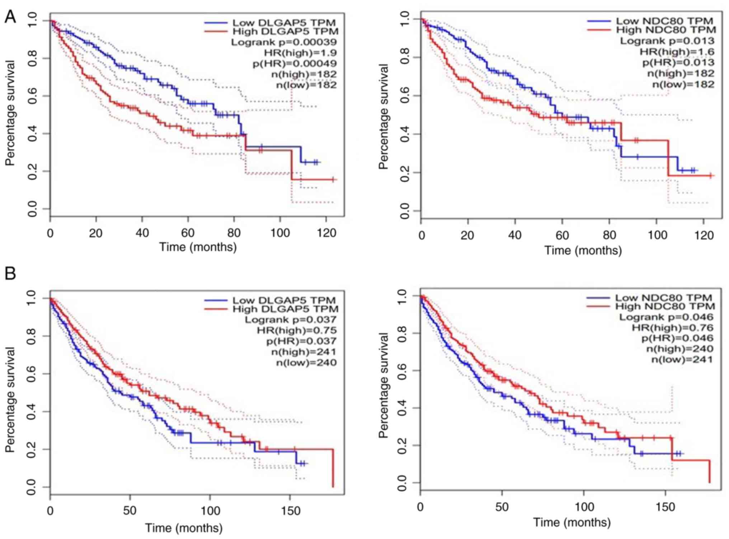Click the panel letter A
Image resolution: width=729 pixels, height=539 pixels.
click(x=10, y=17)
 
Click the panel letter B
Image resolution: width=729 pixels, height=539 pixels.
click(x=10, y=274)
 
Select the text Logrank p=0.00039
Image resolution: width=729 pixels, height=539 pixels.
click(x=283, y=42)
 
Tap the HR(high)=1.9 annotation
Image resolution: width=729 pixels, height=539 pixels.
click(x=300, y=53)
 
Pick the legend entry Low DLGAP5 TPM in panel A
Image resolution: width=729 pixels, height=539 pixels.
click(x=284, y=23)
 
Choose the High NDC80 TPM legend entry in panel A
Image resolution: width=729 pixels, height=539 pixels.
click(x=666, y=30)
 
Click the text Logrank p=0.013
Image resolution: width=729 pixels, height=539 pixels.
click(x=667, y=41)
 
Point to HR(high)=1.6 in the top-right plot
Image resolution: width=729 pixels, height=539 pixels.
click(x=677, y=52)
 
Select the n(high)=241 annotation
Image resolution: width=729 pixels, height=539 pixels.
click(x=304, y=352)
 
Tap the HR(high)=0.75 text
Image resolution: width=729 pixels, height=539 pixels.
click(x=297, y=330)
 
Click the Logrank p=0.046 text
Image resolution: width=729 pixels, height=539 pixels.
click(x=666, y=317)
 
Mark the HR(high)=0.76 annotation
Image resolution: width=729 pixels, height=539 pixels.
click(x=672, y=327)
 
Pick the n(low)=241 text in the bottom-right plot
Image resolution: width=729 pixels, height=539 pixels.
click(x=682, y=359)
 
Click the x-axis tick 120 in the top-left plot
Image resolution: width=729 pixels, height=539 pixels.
click(x=326, y=233)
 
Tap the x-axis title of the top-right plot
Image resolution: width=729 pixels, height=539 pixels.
click(x=583, y=250)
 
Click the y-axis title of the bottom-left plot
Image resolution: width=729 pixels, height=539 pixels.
click(x=10, y=399)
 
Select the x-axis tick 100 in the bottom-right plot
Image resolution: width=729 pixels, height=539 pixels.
click(x=584, y=507)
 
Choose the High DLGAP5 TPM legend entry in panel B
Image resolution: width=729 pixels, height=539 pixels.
click(x=285, y=309)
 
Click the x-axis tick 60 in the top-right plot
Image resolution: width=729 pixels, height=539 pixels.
click(x=562, y=236)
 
